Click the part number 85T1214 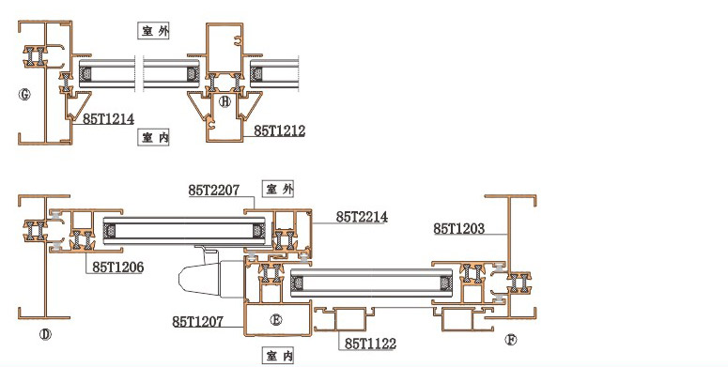[109, 119]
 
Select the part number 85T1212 [280, 130]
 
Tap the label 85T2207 [214, 191]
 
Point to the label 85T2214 [363, 217]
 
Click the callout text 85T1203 [459, 228]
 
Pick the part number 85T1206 [118, 267]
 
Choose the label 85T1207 [198, 322]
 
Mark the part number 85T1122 [370, 344]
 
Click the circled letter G [24, 95]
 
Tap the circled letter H [225, 101]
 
